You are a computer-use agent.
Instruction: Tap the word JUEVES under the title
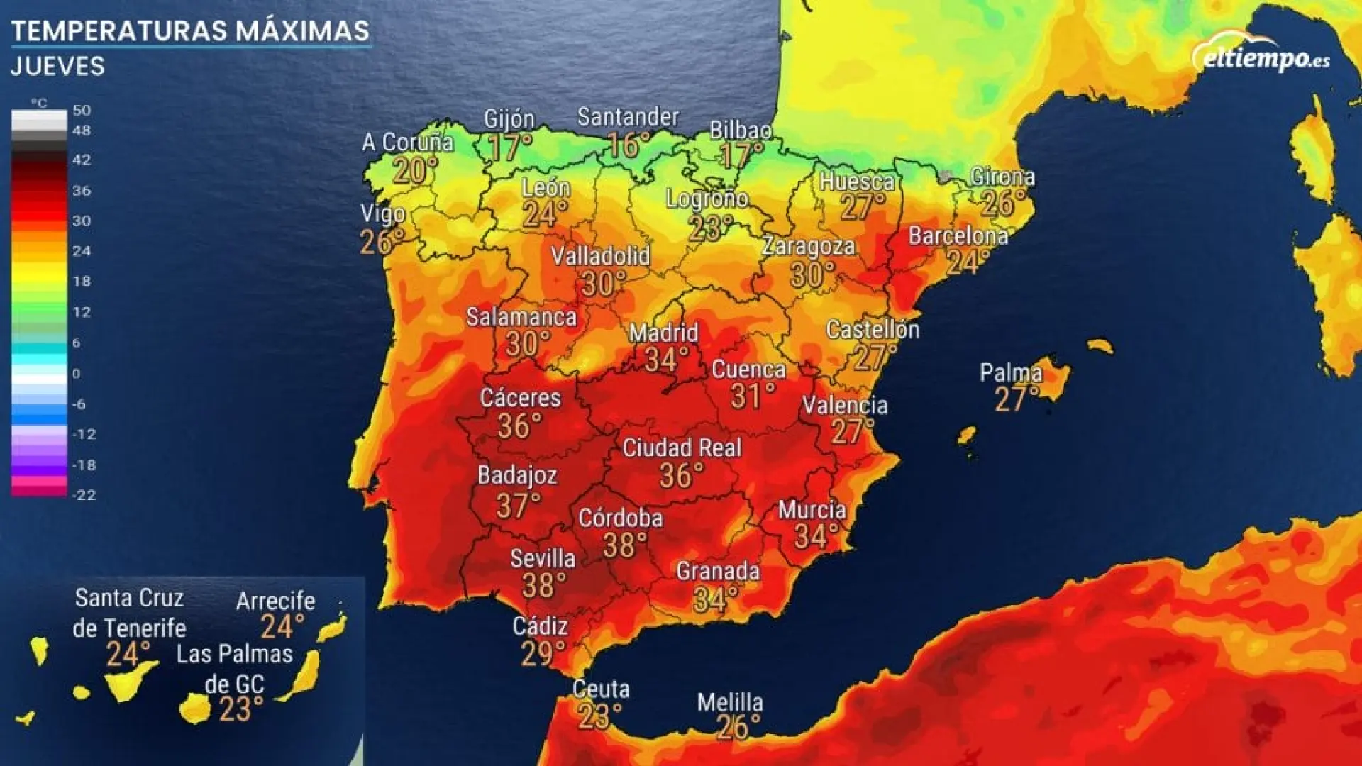click(57, 67)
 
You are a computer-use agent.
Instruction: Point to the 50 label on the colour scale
click(82, 111)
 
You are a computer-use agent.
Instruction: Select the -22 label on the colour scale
click(84, 495)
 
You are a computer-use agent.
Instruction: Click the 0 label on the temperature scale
click(77, 374)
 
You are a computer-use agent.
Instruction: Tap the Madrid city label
click(663, 333)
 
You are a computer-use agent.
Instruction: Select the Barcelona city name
click(958, 236)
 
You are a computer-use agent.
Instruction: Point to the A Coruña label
click(407, 143)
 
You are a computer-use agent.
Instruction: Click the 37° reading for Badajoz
click(518, 506)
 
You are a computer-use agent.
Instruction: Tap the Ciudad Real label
click(682, 448)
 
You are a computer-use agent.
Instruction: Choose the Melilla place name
click(730, 703)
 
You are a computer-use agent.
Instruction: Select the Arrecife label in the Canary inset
click(275, 601)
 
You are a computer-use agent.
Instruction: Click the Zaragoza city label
click(808, 247)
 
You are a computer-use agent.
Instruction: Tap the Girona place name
click(1002, 177)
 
